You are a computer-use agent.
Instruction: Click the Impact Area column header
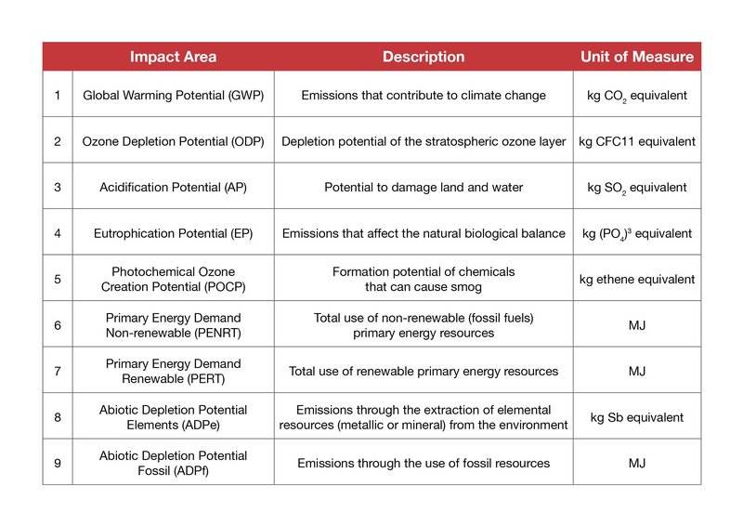pyautogui.click(x=173, y=57)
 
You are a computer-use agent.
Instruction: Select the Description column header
pyautogui.click(x=424, y=57)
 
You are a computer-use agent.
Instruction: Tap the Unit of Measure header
pyautogui.click(x=637, y=57)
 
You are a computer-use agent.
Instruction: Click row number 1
pyautogui.click(x=58, y=96)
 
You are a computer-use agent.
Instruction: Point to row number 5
pyautogui.click(x=58, y=279)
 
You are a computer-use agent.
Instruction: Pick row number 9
pyautogui.click(x=58, y=463)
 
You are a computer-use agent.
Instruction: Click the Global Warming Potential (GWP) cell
pyautogui.click(x=173, y=96)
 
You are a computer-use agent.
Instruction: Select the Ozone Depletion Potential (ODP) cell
pyautogui.click(x=173, y=141)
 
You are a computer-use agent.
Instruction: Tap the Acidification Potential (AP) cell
pyautogui.click(x=173, y=188)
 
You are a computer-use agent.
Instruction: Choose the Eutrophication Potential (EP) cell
pyautogui.click(x=173, y=233)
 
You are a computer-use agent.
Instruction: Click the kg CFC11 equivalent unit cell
pyautogui.click(x=637, y=141)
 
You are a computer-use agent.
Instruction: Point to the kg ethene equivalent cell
pyautogui.click(x=637, y=280)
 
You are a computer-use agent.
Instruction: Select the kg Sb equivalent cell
pyautogui.click(x=637, y=417)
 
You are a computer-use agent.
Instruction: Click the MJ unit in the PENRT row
pyautogui.click(x=637, y=325)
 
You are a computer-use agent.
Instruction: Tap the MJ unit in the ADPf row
pyautogui.click(x=637, y=463)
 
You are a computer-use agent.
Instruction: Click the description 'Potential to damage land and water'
pyautogui.click(x=424, y=188)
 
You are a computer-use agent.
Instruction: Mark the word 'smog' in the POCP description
pyautogui.click(x=466, y=287)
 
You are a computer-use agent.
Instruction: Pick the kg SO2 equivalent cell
pyautogui.click(x=637, y=188)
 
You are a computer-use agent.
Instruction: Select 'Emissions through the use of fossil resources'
pyautogui.click(x=424, y=464)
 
